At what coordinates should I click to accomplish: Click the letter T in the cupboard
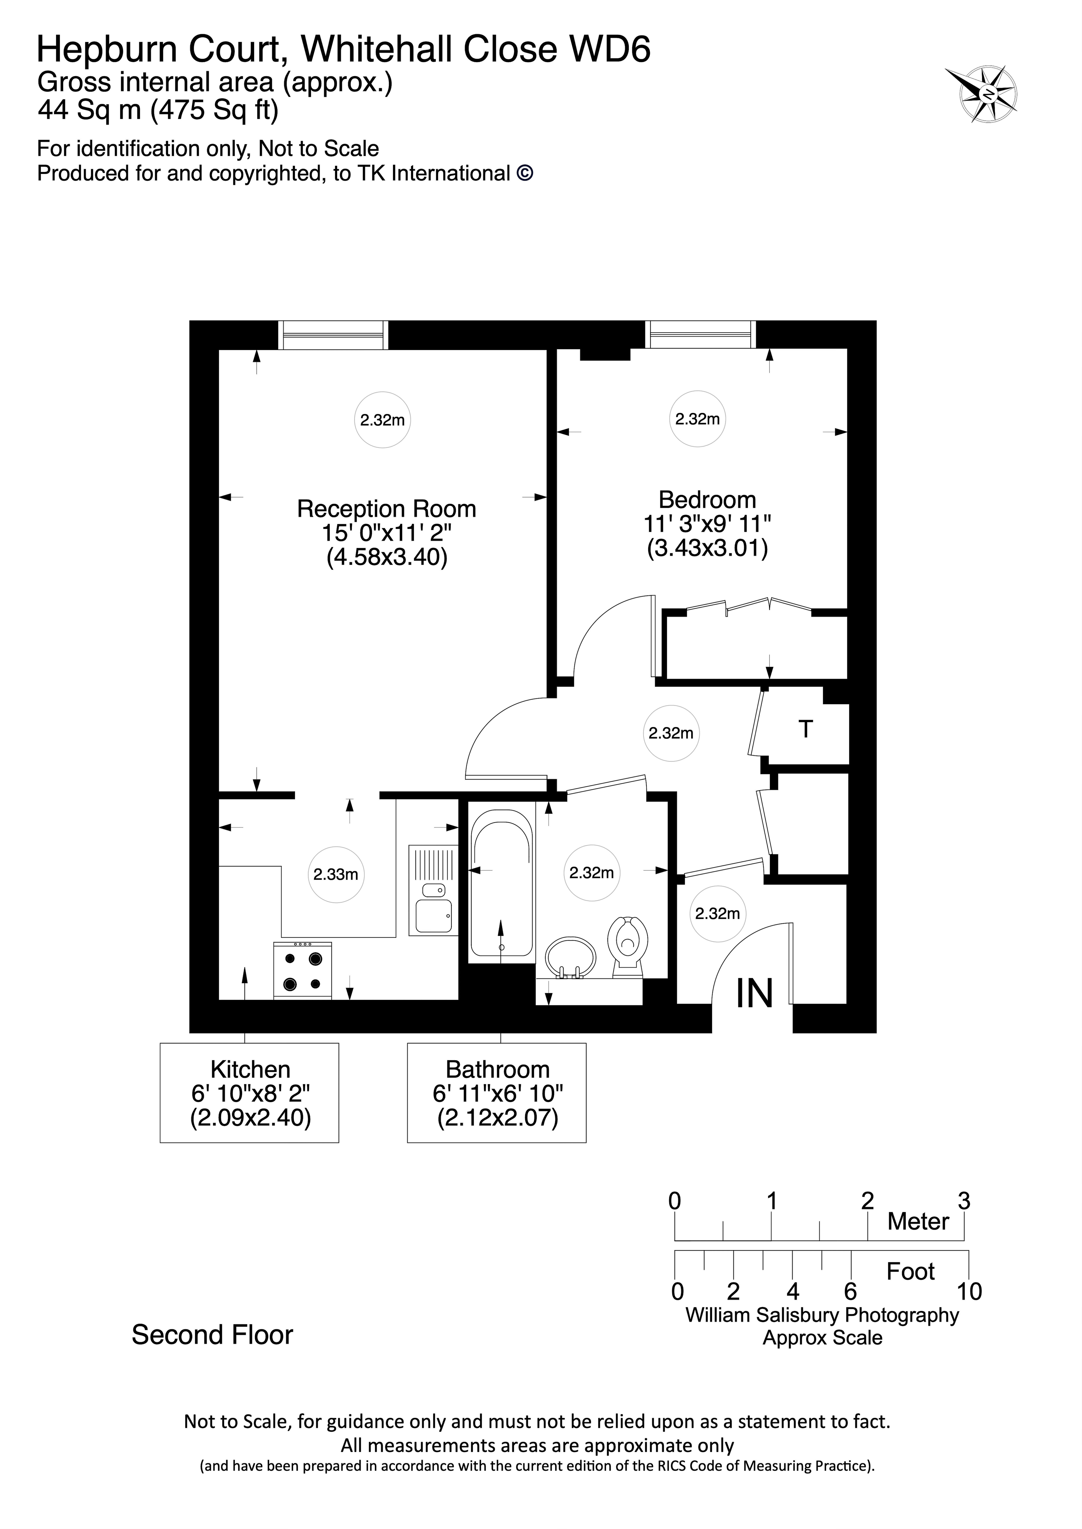click(x=805, y=730)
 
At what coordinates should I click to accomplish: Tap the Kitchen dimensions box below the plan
click(x=250, y=1093)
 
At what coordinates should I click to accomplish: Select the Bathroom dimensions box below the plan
click(x=497, y=1093)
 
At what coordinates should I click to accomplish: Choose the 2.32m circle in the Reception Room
click(x=382, y=420)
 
